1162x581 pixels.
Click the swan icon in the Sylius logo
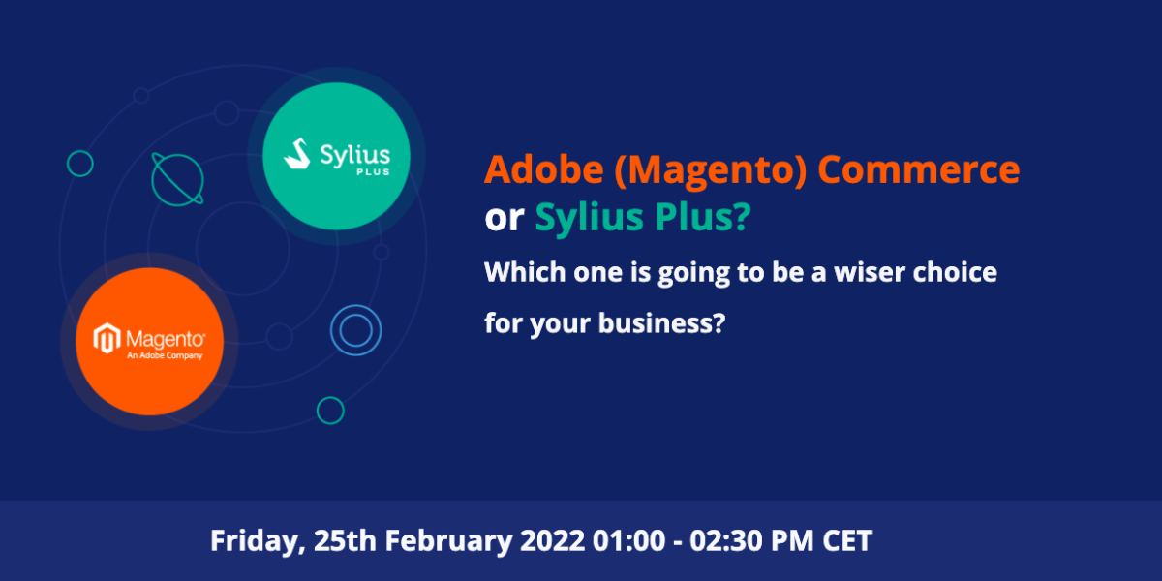297,154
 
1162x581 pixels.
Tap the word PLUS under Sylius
374,171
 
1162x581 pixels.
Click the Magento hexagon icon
107,338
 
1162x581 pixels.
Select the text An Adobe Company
165,355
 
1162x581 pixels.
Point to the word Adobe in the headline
544,169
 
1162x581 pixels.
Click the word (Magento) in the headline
711,170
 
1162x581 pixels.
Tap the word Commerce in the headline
919,170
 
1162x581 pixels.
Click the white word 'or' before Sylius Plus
505,219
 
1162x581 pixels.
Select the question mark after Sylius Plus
743,216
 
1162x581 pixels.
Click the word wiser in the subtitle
870,272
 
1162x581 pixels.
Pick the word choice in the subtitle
955,272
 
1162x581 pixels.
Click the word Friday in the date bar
254,541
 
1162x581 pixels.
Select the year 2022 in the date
553,540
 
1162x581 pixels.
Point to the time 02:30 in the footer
725,540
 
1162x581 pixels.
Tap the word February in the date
448,540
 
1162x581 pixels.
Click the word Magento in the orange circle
166,340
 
